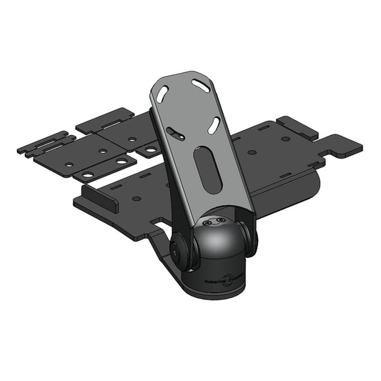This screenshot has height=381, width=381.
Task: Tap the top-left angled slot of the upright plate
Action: point(163,93)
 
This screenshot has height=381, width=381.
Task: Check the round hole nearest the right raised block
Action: point(285,138)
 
